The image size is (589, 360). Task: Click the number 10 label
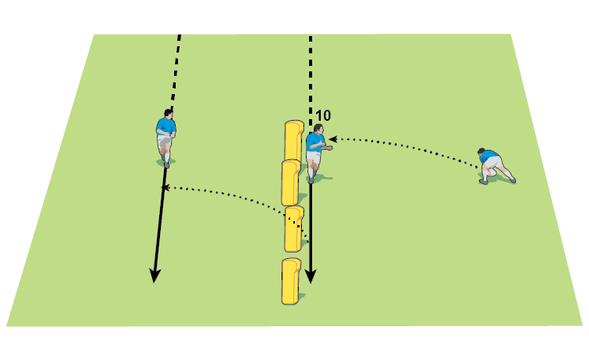tap(322, 115)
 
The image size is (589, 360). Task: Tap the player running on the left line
tap(165, 137)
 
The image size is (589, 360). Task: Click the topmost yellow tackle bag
tap(293, 140)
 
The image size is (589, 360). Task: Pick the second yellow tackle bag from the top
tap(291, 182)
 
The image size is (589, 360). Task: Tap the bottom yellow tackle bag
tap(291, 280)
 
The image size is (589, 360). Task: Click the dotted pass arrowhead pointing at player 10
tap(333, 140)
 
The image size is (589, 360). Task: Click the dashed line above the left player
tap(176, 71)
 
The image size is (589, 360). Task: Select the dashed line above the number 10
tap(311, 71)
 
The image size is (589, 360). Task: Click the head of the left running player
tap(169, 113)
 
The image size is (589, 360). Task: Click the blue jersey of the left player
tap(165, 125)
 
